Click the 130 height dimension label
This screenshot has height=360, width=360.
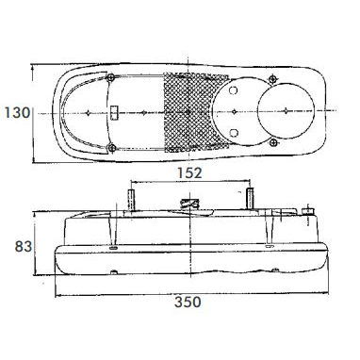[17, 112]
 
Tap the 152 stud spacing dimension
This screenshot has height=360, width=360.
[189, 172]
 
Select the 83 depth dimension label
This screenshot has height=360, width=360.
[24, 247]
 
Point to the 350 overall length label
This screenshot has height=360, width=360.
[188, 303]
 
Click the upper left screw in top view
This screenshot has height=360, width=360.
[110, 77]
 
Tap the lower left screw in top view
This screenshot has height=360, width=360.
[111, 148]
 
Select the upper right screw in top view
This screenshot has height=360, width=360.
[273, 78]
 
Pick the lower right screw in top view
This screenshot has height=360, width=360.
[273, 143]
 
